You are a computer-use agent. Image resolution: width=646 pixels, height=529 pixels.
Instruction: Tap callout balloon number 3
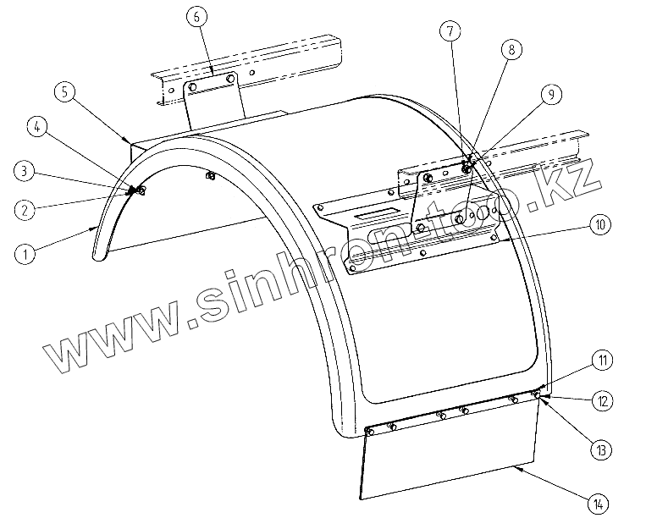26,170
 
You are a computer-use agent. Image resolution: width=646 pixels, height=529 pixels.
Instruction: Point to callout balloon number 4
36,128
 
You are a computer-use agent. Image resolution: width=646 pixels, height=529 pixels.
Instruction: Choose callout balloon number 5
67,91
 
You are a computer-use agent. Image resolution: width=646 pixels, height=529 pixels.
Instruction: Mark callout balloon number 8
511,49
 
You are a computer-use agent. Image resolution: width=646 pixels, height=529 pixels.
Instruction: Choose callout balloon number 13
602,449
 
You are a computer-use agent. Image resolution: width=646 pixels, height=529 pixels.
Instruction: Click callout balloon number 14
599,504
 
